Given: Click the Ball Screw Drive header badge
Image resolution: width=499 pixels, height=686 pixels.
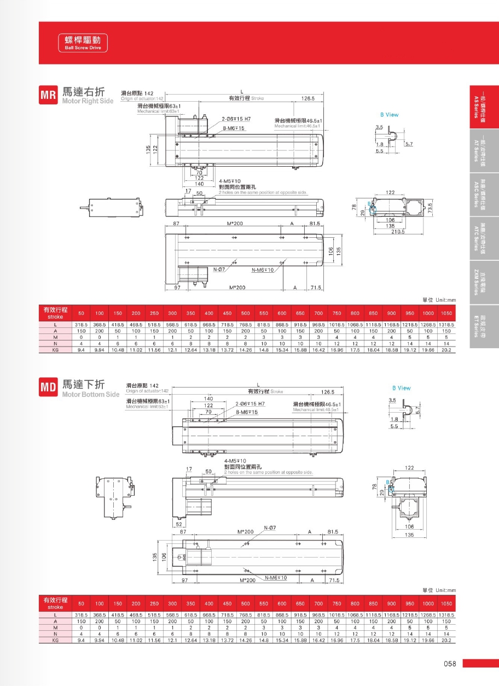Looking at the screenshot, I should [83, 43].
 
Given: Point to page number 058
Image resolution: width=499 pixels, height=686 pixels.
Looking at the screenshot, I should [450, 664].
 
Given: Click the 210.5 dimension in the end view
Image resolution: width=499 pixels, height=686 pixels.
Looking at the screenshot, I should [397, 232].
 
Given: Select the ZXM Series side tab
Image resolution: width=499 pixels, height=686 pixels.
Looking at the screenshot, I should [484, 282].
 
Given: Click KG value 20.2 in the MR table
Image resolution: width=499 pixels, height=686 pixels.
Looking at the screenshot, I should [446, 350].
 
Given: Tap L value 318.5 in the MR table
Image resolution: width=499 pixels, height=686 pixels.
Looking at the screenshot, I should [81, 325].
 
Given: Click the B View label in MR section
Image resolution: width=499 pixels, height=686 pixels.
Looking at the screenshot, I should [390, 115].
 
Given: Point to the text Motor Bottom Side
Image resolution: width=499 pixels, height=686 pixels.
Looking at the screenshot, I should [91, 394].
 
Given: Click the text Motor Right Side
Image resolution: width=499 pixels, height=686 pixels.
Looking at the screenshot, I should [88, 102].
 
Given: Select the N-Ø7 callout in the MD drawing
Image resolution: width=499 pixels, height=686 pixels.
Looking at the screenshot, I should [270, 527].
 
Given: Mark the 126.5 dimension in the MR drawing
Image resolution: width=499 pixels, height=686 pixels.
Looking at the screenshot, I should [307, 99].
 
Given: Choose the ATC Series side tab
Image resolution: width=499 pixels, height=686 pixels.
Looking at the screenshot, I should [484, 238].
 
